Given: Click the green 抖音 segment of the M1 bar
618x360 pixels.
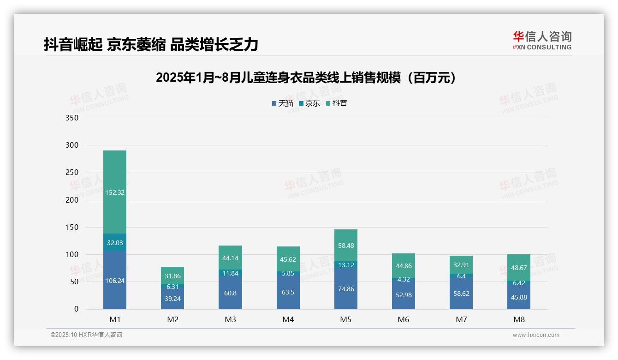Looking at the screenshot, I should (x=115, y=192).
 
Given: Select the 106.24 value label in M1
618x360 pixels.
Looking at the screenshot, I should (x=115, y=281).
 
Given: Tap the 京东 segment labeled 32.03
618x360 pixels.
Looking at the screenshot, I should (x=115, y=243).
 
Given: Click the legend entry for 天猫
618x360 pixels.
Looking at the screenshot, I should (x=283, y=103).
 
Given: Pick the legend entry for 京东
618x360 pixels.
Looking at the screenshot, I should (x=309, y=103).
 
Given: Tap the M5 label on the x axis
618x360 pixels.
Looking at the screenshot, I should (x=346, y=319).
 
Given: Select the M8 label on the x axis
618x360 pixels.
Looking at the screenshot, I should (x=519, y=319).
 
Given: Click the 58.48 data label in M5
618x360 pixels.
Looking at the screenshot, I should (x=346, y=246).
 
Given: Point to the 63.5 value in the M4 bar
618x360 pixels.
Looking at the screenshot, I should (x=288, y=293).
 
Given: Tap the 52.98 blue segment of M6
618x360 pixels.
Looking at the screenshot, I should (x=404, y=295).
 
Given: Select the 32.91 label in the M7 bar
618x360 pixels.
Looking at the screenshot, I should (x=461, y=265).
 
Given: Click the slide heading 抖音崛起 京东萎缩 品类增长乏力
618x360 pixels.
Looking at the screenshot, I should (x=151, y=44).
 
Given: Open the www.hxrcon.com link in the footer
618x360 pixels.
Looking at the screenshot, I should (x=536, y=335).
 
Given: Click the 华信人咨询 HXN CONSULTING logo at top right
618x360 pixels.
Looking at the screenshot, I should (x=542, y=41).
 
